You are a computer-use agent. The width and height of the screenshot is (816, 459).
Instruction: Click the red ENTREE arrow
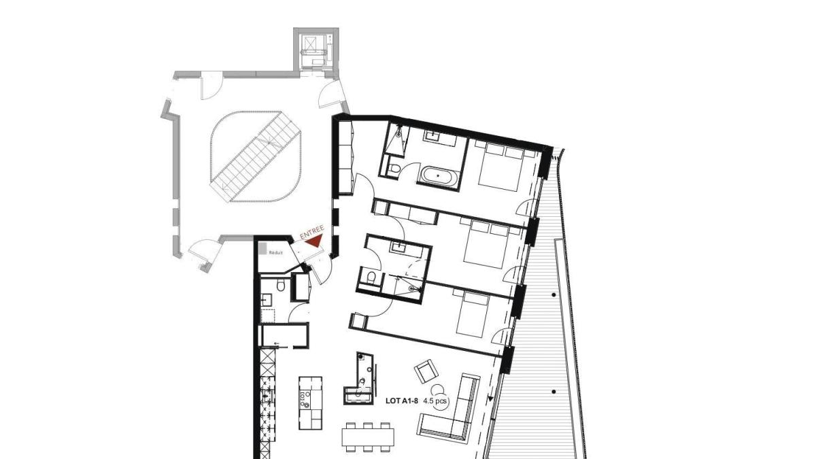click(315, 241)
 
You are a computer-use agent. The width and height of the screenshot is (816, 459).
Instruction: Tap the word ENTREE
click(312, 233)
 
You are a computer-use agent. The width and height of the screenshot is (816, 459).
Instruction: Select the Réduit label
click(276, 252)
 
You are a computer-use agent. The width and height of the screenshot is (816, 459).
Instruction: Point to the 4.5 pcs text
click(435, 401)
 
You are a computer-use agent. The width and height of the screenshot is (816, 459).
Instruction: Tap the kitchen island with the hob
click(310, 403)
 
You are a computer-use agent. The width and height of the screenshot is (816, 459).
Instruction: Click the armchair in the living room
click(426, 371)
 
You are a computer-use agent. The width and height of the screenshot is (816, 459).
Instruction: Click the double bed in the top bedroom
click(501, 167)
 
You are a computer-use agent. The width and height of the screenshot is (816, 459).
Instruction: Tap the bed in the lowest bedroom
click(473, 313)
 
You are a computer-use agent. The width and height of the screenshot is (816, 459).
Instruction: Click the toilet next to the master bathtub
click(394, 169)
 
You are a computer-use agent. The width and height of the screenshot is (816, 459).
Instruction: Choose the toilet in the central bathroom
click(371, 278)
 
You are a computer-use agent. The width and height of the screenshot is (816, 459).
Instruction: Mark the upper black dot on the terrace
click(554, 294)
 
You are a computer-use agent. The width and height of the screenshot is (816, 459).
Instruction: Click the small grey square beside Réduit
click(262, 249)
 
